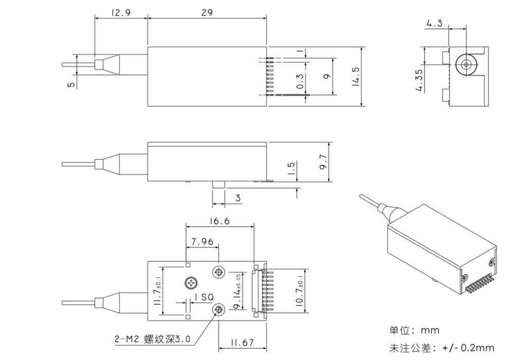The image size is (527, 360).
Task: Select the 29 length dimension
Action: pos(207,13)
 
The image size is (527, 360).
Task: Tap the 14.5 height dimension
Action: pos(355,77)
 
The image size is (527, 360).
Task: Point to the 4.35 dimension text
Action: pos(420,80)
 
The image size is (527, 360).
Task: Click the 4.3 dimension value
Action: pos(434,23)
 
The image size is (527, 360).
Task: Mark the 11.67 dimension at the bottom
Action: pos(241,341)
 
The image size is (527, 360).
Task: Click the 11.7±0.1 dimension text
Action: pos(157,291)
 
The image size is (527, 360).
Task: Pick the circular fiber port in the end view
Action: pos(466,65)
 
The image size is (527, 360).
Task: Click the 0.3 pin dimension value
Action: pos(300,81)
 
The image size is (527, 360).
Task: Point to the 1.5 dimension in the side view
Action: pos(291,168)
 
